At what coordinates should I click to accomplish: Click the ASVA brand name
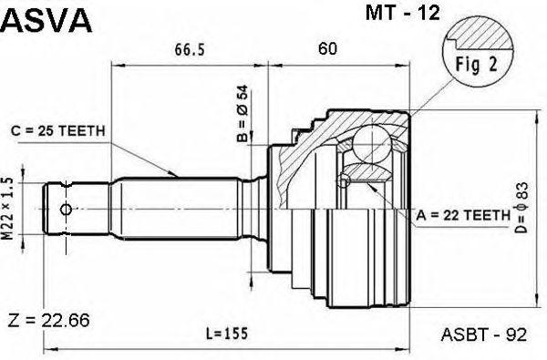[46, 21]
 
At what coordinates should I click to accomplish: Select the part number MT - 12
[403, 14]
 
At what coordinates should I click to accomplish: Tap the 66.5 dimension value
[190, 49]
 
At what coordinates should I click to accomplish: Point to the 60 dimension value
[327, 49]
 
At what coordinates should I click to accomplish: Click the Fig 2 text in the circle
[476, 64]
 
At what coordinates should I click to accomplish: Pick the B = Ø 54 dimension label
[243, 113]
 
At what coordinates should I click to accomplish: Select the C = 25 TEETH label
[58, 131]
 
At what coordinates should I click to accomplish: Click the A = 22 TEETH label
[463, 216]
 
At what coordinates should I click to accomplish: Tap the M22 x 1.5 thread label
[7, 209]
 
